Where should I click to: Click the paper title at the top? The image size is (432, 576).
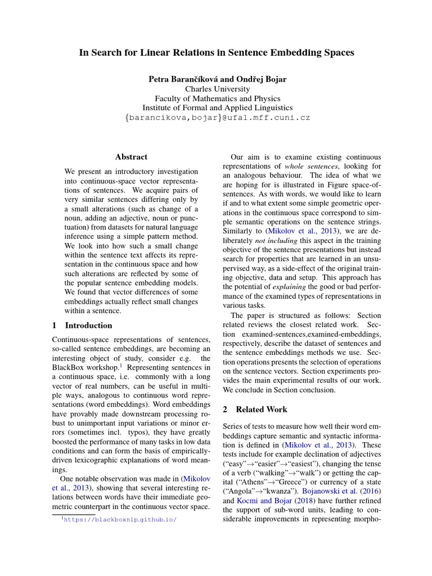point(217,53)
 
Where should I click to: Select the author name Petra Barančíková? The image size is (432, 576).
point(179,79)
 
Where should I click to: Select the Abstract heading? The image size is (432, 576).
point(131,157)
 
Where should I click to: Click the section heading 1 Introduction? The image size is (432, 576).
point(82,325)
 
